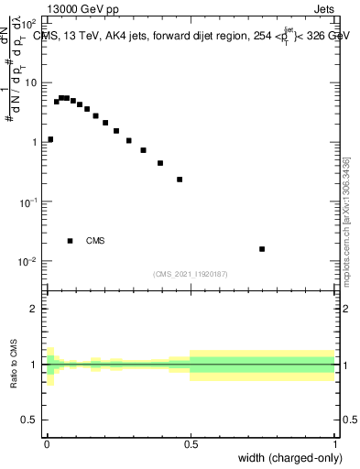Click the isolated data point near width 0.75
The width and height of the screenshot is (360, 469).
tap(262, 249)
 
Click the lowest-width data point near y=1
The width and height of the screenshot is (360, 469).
tap(49, 139)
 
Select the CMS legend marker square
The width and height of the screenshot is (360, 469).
tap(70, 241)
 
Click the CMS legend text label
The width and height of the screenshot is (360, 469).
tap(95, 241)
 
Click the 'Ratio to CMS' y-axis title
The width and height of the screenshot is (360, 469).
tap(14, 365)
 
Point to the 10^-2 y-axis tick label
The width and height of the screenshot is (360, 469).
tap(28, 261)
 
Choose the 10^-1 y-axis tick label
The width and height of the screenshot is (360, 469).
tap(28, 202)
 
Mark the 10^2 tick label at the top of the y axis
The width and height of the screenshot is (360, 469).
tap(30, 25)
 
